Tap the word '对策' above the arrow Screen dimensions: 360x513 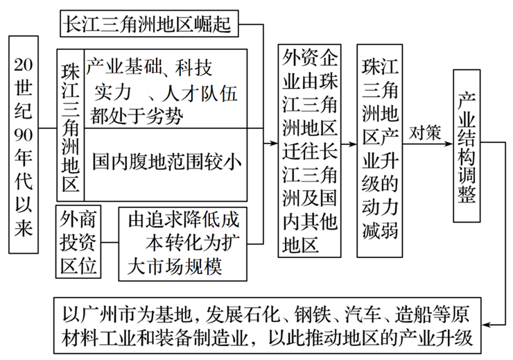point(425,132)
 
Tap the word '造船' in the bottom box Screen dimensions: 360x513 point(410,314)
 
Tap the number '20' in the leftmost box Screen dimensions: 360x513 point(24,65)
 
